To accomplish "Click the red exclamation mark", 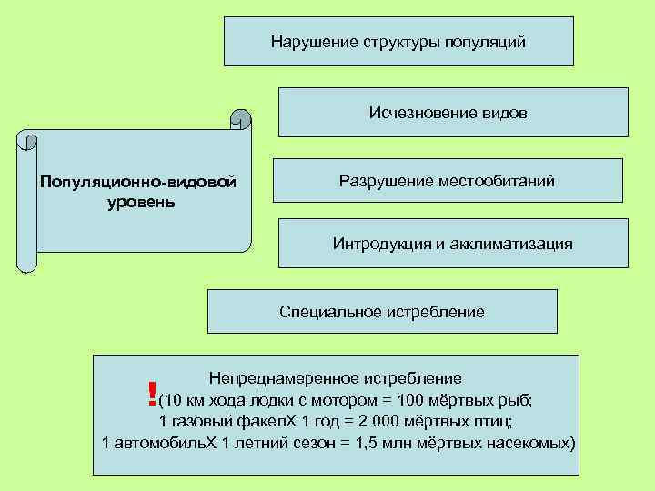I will click(150, 394).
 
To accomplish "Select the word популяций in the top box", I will click(488, 42).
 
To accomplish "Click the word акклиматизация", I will click(516, 244).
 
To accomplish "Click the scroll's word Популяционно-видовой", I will click(137, 183).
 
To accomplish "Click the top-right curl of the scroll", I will click(240, 118).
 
